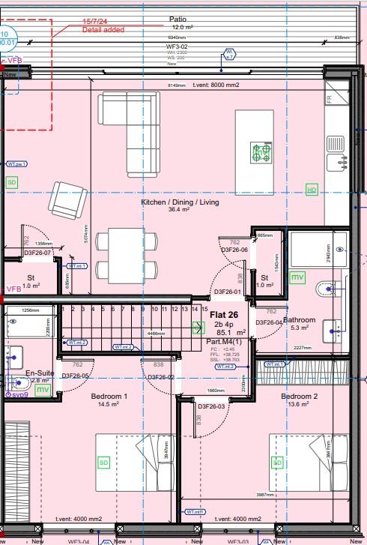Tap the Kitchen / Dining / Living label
pyautogui.click(x=180, y=202)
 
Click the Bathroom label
pyautogui.click(x=300, y=319)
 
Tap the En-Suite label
pyautogui.click(x=40, y=373)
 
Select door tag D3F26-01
pyautogui.click(x=227, y=292)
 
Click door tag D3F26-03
pyautogui.click(x=211, y=406)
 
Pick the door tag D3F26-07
pyautogui.click(x=37, y=253)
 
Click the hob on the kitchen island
pyautogui.click(x=261, y=152)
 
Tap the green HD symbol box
pyautogui.click(x=312, y=190)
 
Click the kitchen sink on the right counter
pyautogui.click(x=338, y=161)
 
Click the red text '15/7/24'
pyautogui.click(x=94, y=22)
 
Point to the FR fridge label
pyautogui.click(x=330, y=98)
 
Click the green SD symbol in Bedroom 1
pyautogui.click(x=103, y=463)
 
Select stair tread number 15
pyautogui.click(x=204, y=309)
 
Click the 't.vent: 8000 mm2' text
pyautogui.click(x=216, y=85)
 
